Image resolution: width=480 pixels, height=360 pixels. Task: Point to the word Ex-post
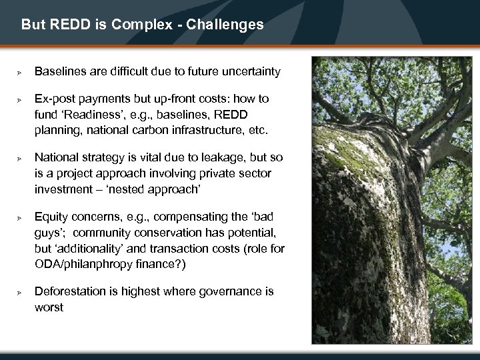coord(56,99)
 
